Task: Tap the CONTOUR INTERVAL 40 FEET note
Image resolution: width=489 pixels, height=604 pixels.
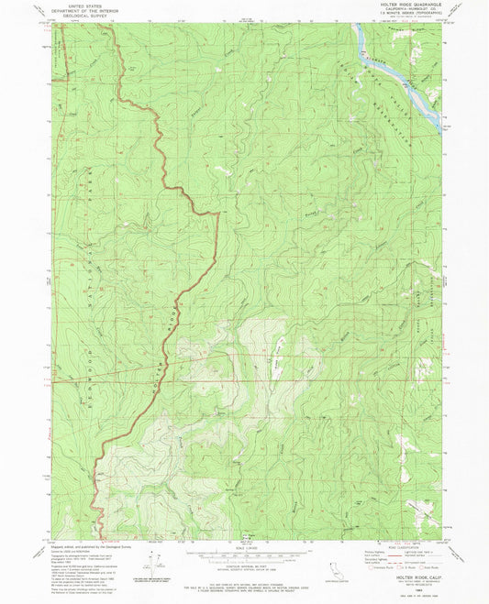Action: (244, 570)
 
